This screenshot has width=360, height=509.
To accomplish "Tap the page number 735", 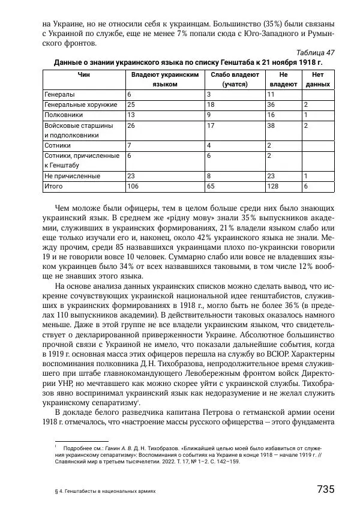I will [325, 489].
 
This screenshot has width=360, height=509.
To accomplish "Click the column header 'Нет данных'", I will [317, 80].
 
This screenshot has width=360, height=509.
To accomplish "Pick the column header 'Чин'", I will [83, 74].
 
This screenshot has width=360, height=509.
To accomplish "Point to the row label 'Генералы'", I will [59, 95].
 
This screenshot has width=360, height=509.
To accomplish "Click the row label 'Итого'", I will [53, 187].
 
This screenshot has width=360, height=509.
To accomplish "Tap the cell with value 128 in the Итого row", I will [272, 187].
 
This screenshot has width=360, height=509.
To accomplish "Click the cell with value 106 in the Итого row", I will [133, 187].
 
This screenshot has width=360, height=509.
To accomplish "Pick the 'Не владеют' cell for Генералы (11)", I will [271, 95].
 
